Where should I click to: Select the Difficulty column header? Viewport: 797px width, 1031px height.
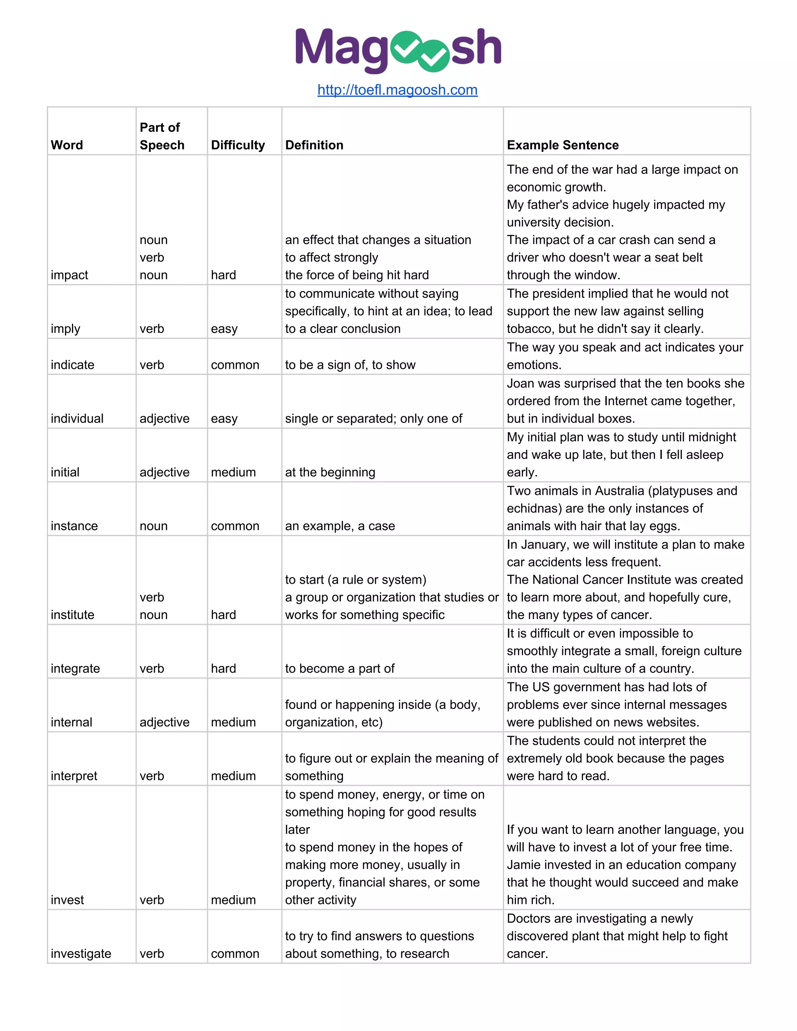click(237, 145)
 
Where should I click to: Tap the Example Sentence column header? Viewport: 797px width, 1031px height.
click(562, 145)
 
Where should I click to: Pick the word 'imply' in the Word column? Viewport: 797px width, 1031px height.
click(66, 329)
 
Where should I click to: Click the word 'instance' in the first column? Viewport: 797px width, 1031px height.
click(74, 526)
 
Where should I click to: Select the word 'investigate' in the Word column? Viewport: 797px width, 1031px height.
click(81, 954)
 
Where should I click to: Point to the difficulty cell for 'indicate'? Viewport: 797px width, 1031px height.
click(235, 365)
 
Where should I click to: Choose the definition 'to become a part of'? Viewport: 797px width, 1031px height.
click(339, 668)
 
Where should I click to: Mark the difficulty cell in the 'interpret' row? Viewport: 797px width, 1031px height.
click(233, 776)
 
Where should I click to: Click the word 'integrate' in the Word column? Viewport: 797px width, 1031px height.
click(75, 668)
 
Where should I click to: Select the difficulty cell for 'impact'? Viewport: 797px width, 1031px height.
click(223, 275)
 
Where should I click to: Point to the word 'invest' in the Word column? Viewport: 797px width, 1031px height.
click(67, 900)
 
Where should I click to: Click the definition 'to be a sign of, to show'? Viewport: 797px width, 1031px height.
click(350, 365)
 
